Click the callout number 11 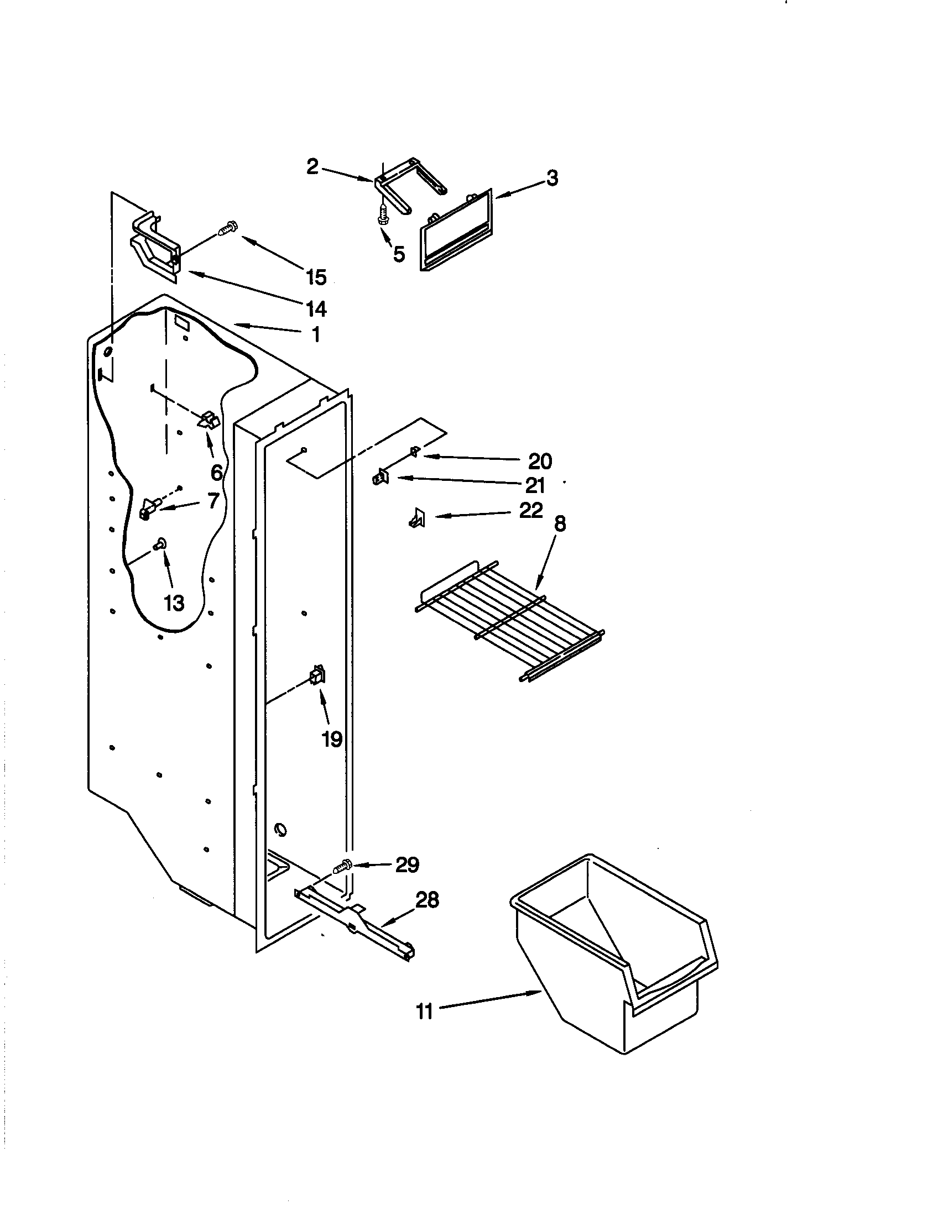pos(424,1011)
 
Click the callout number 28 pos(427,900)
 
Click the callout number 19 pos(332,740)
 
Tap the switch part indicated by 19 pos(318,676)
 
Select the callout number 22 pos(530,510)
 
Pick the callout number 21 pos(535,485)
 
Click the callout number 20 pos(539,461)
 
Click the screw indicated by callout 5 pos(383,215)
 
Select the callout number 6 pos(217,472)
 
